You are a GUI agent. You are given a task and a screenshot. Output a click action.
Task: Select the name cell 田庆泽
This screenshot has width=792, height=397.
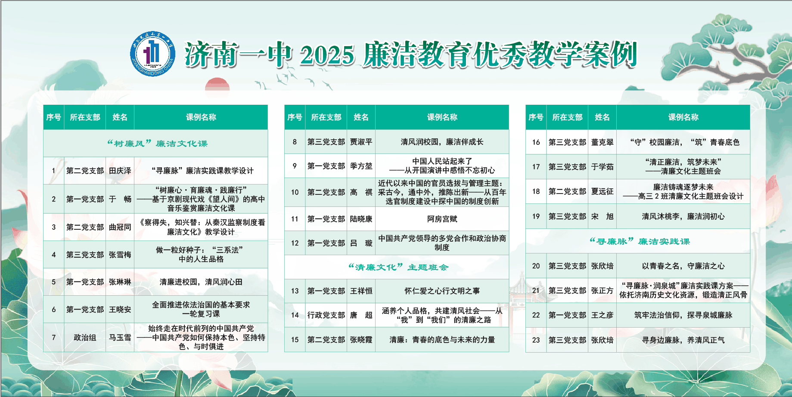(120, 171)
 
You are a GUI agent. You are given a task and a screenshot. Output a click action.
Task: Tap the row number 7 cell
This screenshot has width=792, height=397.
(53, 338)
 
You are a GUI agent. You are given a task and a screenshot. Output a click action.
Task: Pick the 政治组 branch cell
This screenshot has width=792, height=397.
(85, 338)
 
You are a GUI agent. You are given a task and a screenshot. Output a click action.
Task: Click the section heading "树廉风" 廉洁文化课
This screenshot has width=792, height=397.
(157, 144)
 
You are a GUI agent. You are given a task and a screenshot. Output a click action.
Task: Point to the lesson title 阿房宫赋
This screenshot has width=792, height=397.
(442, 219)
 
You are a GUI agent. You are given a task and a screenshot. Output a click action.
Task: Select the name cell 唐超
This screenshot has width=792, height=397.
(361, 315)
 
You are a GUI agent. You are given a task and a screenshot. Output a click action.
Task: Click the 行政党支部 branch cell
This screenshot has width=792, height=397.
(326, 315)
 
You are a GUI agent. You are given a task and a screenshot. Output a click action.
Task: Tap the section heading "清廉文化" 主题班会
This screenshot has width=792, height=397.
(398, 267)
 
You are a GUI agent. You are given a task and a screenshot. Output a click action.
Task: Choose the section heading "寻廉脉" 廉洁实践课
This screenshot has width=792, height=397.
(640, 241)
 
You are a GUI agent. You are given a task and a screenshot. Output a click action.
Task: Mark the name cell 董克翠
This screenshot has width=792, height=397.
(602, 142)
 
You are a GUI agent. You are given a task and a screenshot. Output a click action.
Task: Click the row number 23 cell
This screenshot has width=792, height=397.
(536, 340)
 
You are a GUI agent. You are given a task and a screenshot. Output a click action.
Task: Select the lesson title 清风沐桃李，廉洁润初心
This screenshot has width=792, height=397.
(683, 216)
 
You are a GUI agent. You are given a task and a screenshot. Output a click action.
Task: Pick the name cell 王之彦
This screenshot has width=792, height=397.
(602, 315)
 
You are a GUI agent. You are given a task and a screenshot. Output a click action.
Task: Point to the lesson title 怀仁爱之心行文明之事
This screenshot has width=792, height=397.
(442, 291)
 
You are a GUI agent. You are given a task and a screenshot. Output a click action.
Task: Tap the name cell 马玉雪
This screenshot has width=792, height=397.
(120, 338)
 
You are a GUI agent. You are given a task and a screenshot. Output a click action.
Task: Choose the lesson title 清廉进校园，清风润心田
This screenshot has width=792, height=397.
(201, 282)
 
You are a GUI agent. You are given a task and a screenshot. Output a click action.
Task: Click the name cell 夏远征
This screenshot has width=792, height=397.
(602, 191)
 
